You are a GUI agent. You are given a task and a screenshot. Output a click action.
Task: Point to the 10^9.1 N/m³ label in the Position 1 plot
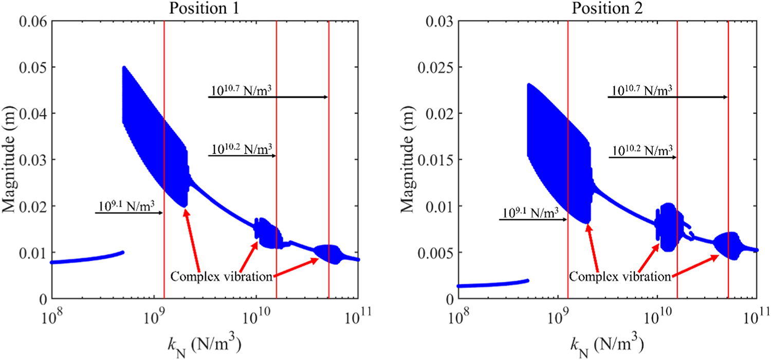tap(128, 206)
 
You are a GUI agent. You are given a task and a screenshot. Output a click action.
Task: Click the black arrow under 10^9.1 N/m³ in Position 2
tap(533, 220)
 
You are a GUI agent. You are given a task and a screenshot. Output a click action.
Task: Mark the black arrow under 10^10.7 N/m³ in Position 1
tap(267, 97)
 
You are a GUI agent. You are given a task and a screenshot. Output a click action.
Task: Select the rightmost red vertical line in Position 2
tap(728, 154)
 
